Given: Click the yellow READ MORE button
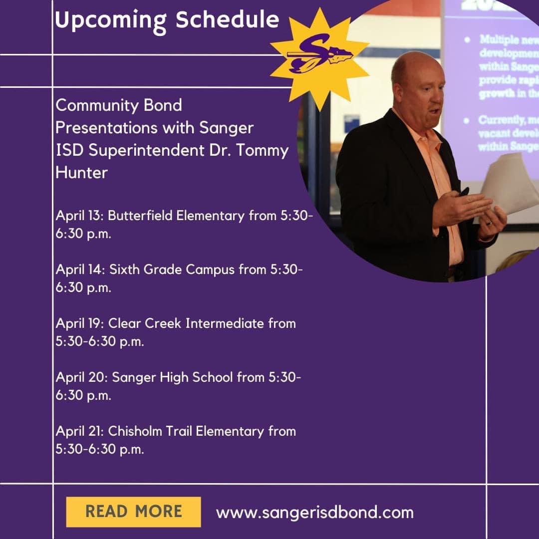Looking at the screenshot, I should tap(133, 512).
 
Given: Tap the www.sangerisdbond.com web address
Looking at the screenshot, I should tap(314, 512).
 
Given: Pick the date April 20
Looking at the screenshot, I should tap(81, 377).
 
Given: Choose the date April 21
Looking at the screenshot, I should tap(79, 431).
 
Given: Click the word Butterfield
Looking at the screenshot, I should tap(140, 216).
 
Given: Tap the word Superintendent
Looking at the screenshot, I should tap(142, 150).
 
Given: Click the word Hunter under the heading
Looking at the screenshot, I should tap(81, 173).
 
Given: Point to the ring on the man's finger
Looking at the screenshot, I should tap(490, 222).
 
